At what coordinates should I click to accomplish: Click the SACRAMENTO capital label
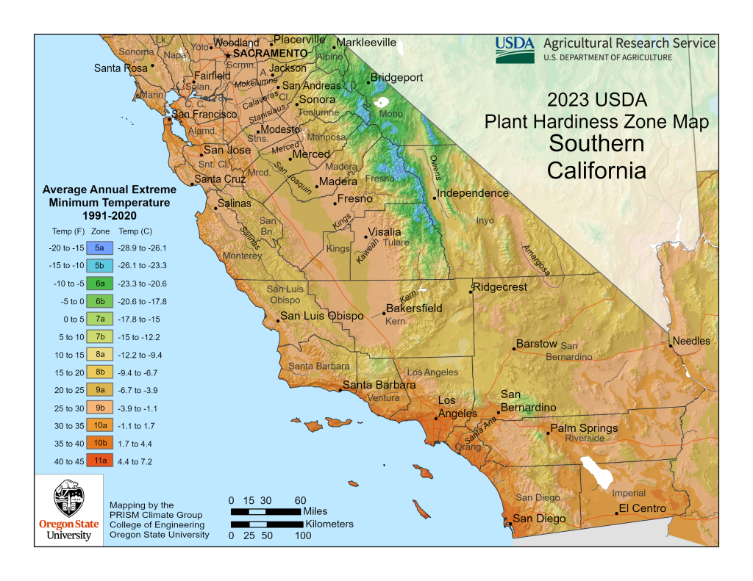click(x=270, y=54)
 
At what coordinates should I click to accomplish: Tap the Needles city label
click(x=692, y=341)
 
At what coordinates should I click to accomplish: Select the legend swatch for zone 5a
click(x=99, y=248)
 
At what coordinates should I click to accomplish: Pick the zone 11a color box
click(x=99, y=461)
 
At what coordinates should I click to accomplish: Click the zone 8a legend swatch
click(x=99, y=355)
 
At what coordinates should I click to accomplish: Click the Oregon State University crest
click(x=65, y=500)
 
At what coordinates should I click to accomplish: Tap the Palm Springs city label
click(x=584, y=428)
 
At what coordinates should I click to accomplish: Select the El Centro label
click(x=642, y=508)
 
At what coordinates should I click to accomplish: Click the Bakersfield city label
click(x=414, y=308)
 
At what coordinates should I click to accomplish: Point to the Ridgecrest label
click(x=500, y=286)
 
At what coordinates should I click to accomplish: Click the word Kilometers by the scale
click(x=329, y=524)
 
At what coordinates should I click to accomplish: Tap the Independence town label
click(x=473, y=193)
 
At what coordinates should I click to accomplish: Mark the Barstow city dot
click(x=513, y=348)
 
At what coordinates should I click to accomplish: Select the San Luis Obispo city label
click(x=322, y=316)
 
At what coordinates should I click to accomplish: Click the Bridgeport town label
click(x=396, y=77)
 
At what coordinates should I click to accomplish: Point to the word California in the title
click(x=596, y=171)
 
